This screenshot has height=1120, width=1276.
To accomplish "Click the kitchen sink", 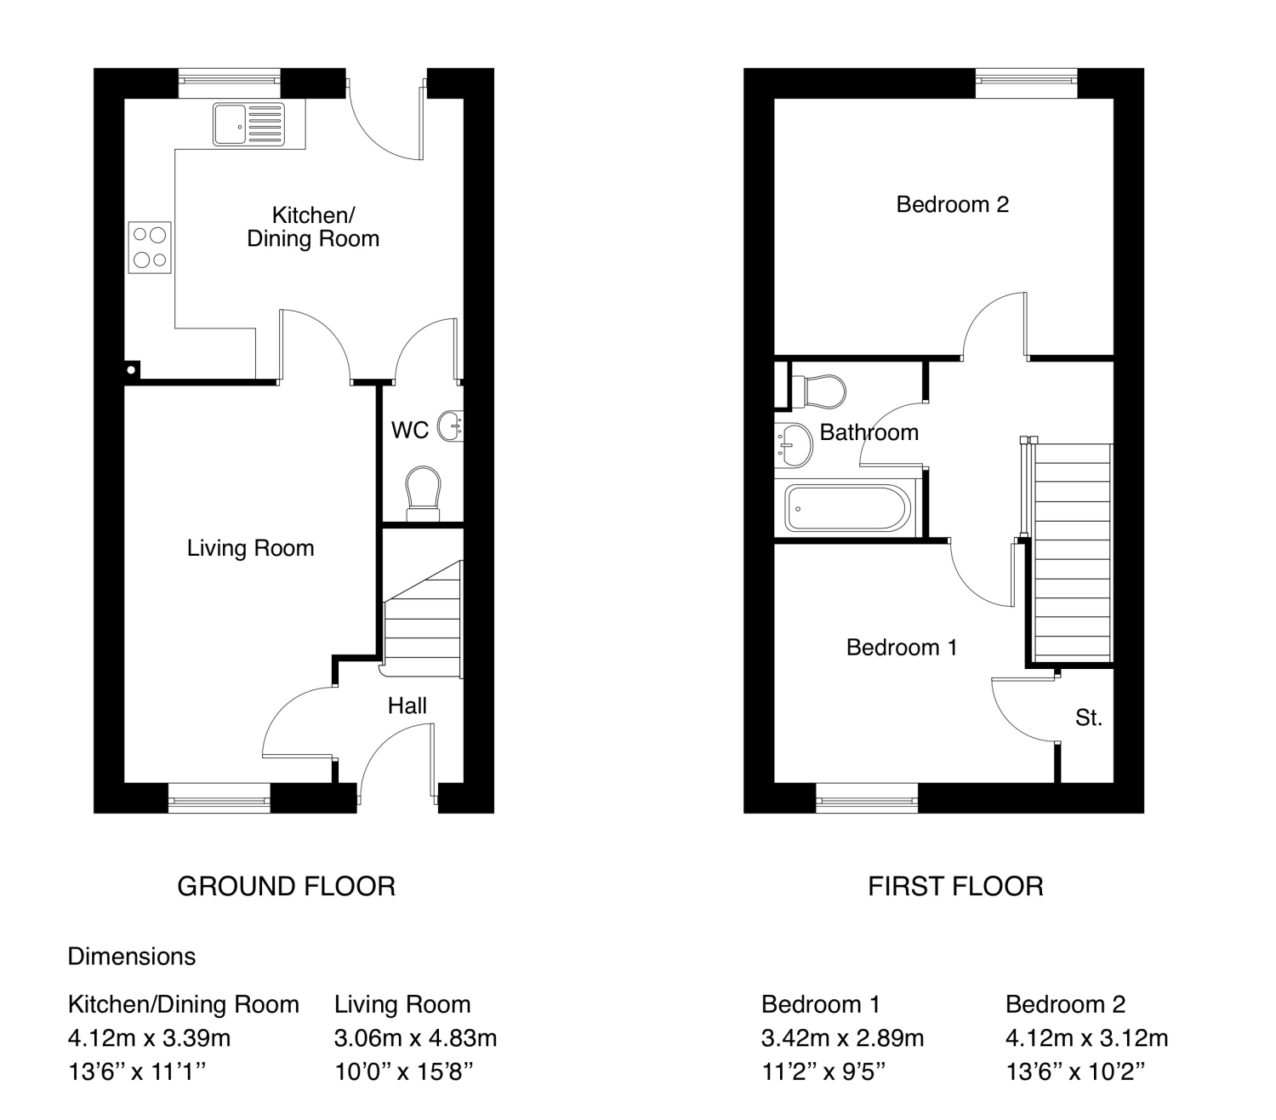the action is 248,124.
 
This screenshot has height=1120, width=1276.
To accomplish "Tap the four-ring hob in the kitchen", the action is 150,248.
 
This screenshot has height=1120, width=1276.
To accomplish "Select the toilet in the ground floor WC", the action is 424,494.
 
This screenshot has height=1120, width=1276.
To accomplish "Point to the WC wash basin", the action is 451,426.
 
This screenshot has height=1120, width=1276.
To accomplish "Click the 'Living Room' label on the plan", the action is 251,548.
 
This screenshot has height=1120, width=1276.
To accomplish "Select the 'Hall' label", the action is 407,706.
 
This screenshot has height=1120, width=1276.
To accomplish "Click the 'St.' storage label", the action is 1088,717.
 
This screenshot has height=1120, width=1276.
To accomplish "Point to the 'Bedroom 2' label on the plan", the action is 952,204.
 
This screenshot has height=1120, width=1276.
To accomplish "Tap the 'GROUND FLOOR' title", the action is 287,886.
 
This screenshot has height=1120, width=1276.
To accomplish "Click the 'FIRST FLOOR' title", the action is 955,886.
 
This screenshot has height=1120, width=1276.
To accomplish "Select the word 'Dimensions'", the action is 132,956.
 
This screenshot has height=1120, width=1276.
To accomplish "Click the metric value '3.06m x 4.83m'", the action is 416,1037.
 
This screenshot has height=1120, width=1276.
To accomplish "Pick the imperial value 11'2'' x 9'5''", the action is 823,1071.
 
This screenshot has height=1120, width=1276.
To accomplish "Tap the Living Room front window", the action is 219,798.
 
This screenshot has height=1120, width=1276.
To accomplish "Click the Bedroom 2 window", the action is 1027,83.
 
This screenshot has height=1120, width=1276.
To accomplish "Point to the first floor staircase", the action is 1071,552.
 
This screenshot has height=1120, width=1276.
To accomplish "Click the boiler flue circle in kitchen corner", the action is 131,370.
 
